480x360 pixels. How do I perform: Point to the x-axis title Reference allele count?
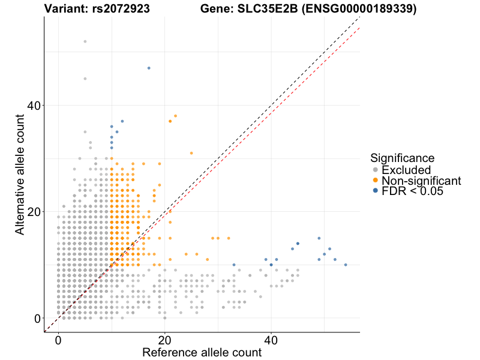click(202, 352)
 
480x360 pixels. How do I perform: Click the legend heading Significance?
click(402, 158)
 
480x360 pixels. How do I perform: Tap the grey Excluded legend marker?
click(376, 170)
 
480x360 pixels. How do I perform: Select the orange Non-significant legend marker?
click(376, 180)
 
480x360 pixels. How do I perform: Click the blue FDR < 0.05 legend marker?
click(376, 190)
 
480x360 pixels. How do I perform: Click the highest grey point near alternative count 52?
click(85, 41)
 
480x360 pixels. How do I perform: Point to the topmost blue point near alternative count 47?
click(149, 68)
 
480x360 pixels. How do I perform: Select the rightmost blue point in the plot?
click(346, 265)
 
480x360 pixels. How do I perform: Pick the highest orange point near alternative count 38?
click(175, 116)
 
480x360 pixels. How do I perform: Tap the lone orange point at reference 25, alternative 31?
click(191, 153)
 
